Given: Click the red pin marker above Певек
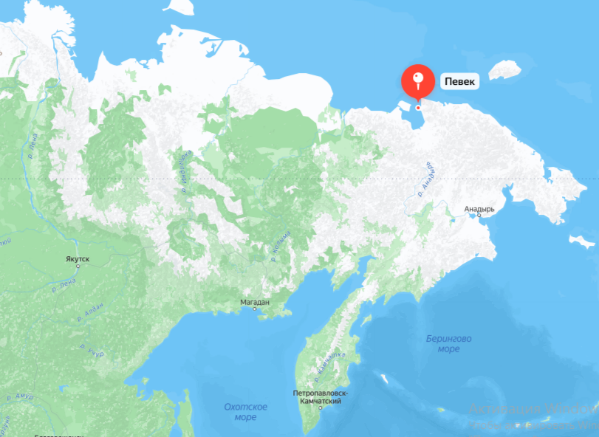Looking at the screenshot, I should click(418, 80).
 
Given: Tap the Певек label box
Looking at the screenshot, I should click(459, 80).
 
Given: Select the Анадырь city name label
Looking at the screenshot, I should click(479, 209).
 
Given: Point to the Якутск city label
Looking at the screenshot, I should click(77, 259).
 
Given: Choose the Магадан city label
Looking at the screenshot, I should click(255, 302).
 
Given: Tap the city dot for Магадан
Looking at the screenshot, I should click(255, 309).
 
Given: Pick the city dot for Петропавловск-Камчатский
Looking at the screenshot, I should click(320, 408).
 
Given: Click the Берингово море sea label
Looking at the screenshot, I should click(448, 343).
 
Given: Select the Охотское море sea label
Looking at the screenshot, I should click(245, 412).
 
